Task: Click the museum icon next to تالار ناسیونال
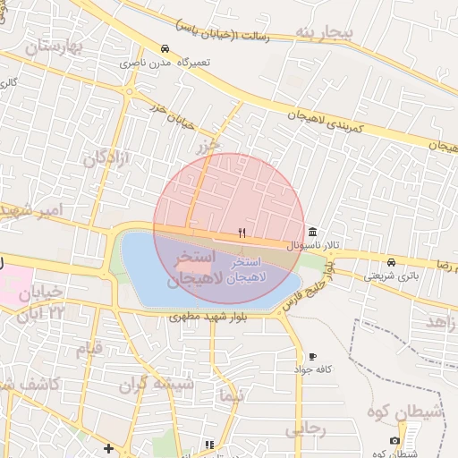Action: coord(311,230)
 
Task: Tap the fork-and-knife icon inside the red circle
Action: coord(242,233)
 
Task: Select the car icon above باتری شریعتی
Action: coord(392,262)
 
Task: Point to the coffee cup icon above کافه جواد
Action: coord(311,356)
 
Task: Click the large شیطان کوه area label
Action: coord(402,412)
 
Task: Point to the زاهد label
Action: coord(442,320)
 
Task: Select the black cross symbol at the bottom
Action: coord(108,448)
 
